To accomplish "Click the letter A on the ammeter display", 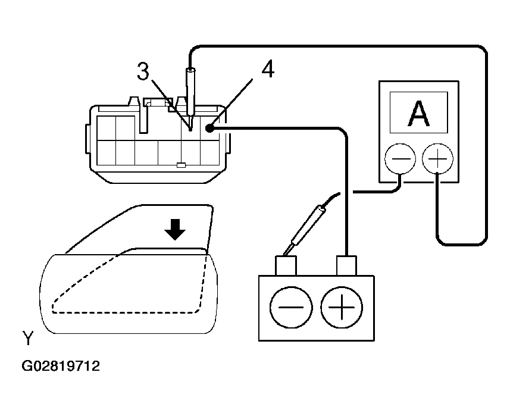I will (418, 114).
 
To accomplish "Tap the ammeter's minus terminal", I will (400, 159).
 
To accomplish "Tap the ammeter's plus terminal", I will (437, 159).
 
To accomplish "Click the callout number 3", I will (143, 71).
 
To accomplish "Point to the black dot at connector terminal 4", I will (210, 127).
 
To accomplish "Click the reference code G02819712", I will (61, 366).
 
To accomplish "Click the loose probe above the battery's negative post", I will (306, 226).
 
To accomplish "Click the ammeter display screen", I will (418, 113).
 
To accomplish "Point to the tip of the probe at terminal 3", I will (190, 127).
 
